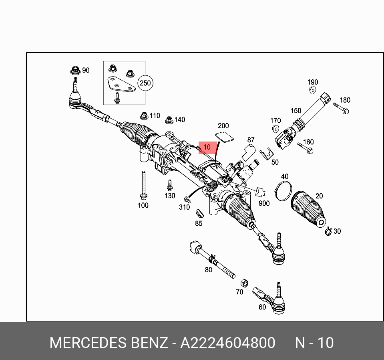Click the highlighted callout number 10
[x=207, y=148]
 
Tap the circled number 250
[x=145, y=83]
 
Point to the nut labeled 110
[x=144, y=116]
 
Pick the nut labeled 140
[x=169, y=119]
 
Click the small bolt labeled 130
[x=169, y=185]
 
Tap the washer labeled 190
[x=313, y=90]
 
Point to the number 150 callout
[x=296, y=111]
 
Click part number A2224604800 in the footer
[x=227, y=343]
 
